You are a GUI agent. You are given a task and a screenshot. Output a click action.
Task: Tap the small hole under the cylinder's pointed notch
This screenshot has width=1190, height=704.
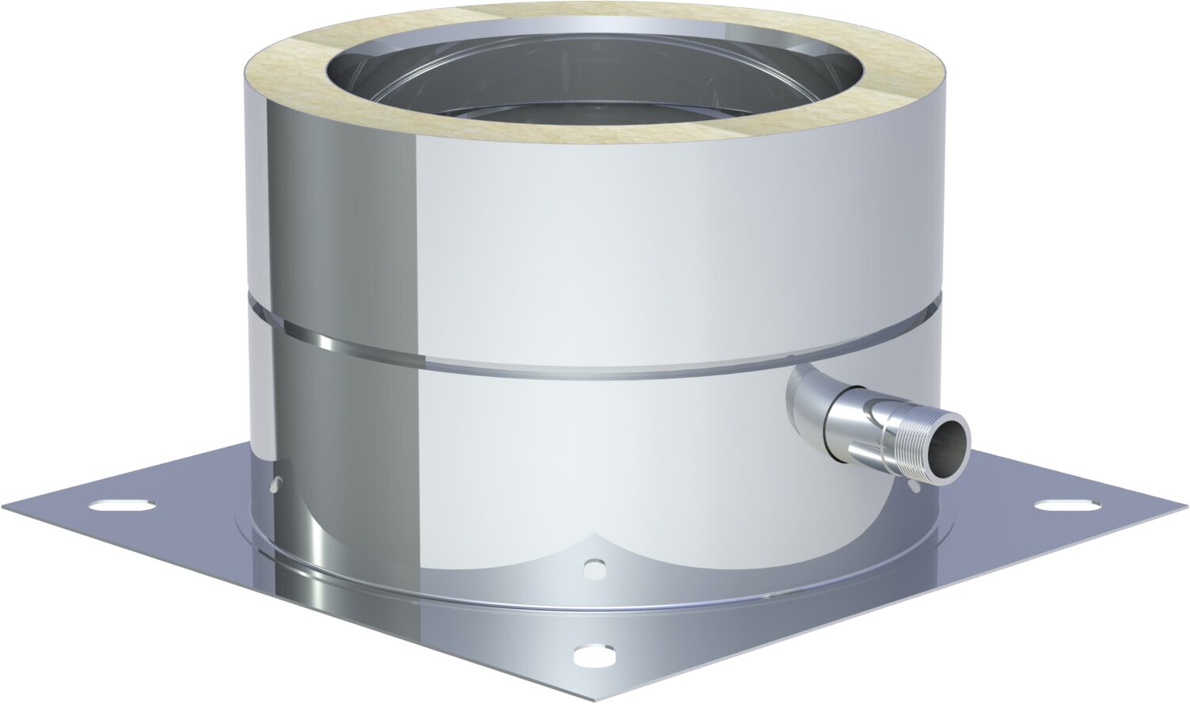(x=592, y=567)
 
